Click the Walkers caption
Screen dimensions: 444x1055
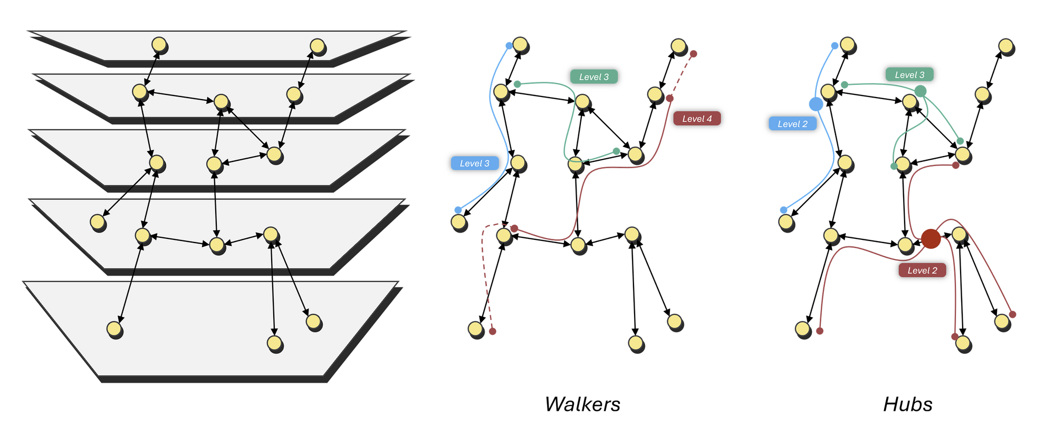[582, 404]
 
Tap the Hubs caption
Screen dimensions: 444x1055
[908, 404]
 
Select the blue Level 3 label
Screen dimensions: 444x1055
[475, 163]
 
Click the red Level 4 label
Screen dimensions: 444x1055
[697, 119]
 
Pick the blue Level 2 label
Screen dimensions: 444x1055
[792, 124]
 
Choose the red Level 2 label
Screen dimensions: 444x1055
[922, 271]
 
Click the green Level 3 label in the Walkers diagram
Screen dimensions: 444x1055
[594, 77]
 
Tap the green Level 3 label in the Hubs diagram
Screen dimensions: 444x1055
[909, 75]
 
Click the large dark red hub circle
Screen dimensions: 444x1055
[931, 238]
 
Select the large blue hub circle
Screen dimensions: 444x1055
[816, 104]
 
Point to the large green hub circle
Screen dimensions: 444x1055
[920, 91]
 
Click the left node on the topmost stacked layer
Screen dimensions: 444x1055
[159, 44]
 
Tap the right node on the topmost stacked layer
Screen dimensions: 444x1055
[317, 46]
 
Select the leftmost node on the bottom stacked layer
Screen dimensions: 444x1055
[114, 329]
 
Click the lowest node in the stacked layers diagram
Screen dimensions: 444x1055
[274, 343]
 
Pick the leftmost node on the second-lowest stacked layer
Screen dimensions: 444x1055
[98, 222]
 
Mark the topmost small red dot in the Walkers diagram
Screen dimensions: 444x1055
[694, 54]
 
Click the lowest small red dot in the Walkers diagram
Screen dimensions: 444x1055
[493, 331]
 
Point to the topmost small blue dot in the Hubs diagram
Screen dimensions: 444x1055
[835, 46]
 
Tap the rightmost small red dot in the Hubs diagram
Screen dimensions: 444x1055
[1012, 314]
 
